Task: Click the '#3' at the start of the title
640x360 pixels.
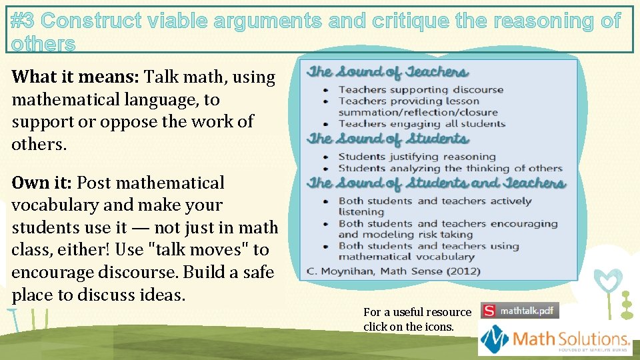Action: pyautogui.click(x=24, y=21)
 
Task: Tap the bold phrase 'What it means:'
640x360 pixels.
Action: pyautogui.click(x=75, y=77)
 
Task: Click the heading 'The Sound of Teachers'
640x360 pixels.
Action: pyautogui.click(x=387, y=73)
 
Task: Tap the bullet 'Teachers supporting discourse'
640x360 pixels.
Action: pyautogui.click(x=421, y=89)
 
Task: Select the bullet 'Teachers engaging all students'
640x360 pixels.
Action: pyautogui.click(x=422, y=123)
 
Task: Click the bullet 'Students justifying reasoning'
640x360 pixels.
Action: pyautogui.click(x=407, y=157)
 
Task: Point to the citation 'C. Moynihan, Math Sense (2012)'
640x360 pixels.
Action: pyautogui.click(x=393, y=271)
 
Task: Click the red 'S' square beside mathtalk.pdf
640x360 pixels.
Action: pyautogui.click(x=489, y=311)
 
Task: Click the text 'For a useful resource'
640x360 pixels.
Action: pyautogui.click(x=417, y=312)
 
